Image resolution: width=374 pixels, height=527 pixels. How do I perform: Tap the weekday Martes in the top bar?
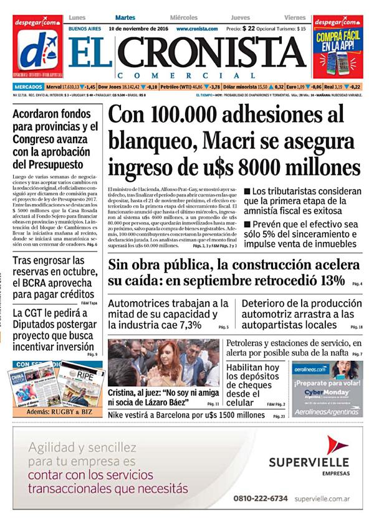point(125,17)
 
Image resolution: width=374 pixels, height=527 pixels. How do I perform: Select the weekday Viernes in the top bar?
point(295,17)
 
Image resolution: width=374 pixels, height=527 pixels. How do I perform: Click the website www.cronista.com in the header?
point(197,29)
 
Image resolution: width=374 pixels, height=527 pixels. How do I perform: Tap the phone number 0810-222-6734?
point(261,498)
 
